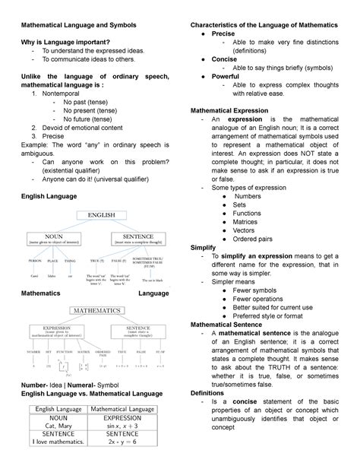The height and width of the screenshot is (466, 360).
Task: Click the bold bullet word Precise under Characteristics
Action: pyautogui.click(x=228, y=35)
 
